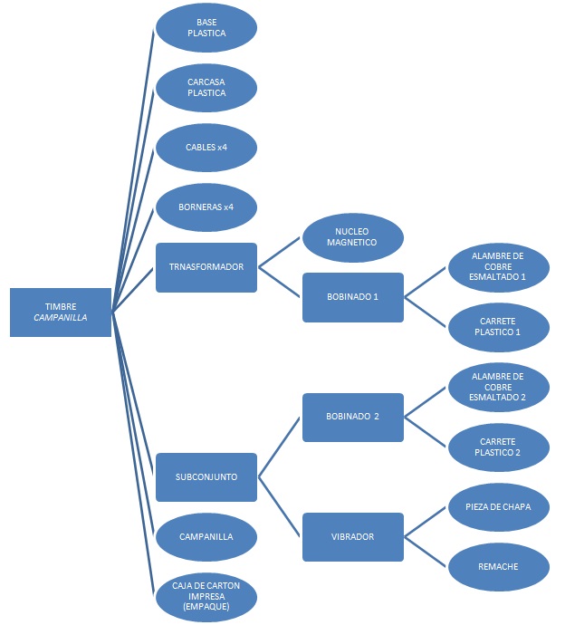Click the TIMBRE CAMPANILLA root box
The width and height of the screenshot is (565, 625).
coord(61,312)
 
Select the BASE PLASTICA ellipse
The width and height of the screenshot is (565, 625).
coord(206,28)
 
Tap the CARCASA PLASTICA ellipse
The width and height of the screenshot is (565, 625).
coord(206,88)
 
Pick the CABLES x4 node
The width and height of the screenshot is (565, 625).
coord(206,148)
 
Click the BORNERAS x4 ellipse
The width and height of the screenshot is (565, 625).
coord(206,207)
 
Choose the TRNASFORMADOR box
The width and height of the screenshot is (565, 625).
coord(206,267)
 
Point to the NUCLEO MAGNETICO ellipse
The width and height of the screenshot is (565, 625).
coord(353,237)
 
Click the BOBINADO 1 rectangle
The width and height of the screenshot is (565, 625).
coord(353,297)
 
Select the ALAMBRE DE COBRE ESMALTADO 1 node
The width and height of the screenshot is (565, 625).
coord(499,267)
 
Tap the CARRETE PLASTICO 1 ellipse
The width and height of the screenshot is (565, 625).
coord(499,327)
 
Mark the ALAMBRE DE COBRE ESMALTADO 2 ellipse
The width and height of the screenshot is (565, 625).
coord(499,388)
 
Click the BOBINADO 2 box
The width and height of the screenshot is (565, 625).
coord(353,418)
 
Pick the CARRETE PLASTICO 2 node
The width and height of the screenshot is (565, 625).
coord(499,447)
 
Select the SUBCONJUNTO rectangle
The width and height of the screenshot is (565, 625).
coord(206,477)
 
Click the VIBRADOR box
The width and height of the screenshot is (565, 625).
coord(353,537)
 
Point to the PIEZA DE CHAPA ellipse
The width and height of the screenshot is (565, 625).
coord(499,507)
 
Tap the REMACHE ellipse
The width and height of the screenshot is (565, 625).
coord(499,567)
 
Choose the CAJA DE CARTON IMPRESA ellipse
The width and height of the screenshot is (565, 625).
coord(206,597)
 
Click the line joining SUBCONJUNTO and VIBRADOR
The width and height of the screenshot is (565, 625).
coord(279,507)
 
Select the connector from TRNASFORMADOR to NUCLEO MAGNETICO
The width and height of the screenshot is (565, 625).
coord(279,253)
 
